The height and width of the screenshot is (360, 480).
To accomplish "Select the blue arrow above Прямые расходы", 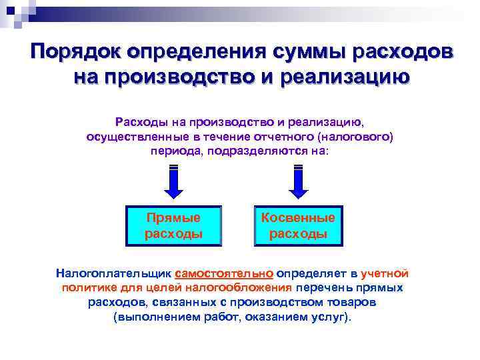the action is [173, 181].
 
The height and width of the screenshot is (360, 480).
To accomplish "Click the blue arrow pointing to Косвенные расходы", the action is [298, 181].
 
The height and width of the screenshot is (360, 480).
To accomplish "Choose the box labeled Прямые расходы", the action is [173, 226].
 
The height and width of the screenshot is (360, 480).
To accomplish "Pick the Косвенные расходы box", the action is [298, 226].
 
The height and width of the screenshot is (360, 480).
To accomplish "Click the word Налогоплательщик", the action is [113, 273].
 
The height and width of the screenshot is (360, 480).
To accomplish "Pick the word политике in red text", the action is [86, 288].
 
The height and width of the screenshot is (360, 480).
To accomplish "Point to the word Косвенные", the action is [298, 218].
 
